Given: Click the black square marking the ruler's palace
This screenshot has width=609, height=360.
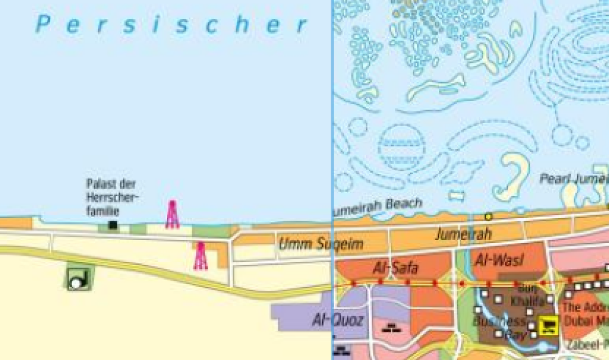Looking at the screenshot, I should tap(113, 225).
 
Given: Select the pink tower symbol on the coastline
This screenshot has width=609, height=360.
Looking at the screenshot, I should tap(172, 214).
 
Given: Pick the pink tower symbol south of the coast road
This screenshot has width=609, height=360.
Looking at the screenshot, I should tap(200, 256).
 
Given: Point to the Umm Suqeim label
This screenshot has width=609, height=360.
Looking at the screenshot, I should tap(320, 244).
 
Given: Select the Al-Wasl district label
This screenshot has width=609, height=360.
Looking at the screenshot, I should tap(496, 258).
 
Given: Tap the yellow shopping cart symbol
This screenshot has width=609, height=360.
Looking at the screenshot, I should tap(549, 326).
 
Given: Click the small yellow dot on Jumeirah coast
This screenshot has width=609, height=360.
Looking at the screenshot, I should tap(488, 216).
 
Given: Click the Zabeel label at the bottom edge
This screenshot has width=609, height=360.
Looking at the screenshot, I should tap(586, 345).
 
